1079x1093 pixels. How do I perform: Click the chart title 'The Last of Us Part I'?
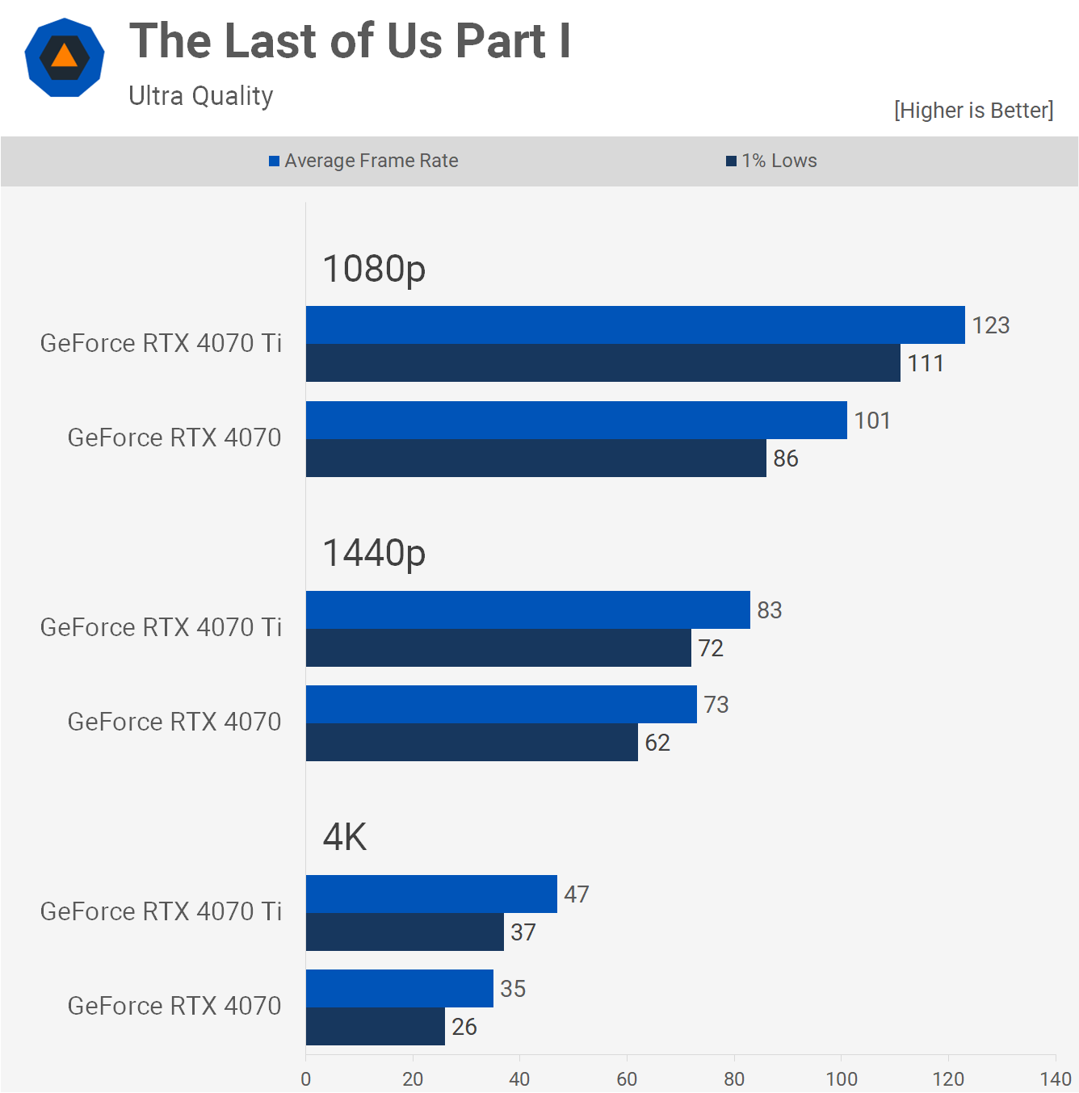(x=350, y=41)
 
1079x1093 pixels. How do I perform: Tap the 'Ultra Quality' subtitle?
(x=201, y=96)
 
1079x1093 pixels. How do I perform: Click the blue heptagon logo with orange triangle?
(x=65, y=57)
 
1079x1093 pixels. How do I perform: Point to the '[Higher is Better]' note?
(x=973, y=110)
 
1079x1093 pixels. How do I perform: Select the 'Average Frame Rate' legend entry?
(x=364, y=161)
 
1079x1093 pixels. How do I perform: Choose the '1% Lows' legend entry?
(x=772, y=161)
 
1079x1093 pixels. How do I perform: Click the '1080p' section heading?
(x=374, y=269)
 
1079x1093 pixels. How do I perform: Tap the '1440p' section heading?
(x=374, y=553)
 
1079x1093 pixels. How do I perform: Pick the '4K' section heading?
(x=345, y=837)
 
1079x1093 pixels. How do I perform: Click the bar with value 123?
(x=635, y=325)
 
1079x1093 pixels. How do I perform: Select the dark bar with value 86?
(x=535, y=459)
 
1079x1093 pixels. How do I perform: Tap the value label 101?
(x=872, y=421)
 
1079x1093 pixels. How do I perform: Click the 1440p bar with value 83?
(x=527, y=610)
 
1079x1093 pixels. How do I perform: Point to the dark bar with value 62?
(x=472, y=743)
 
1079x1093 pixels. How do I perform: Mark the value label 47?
(x=577, y=894)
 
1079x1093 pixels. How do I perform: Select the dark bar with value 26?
(x=375, y=1027)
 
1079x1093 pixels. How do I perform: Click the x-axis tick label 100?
(x=841, y=1079)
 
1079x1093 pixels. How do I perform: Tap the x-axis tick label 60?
(x=627, y=1079)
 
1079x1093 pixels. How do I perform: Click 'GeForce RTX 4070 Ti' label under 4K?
(x=161, y=911)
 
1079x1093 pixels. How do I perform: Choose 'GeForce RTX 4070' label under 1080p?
(x=174, y=438)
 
